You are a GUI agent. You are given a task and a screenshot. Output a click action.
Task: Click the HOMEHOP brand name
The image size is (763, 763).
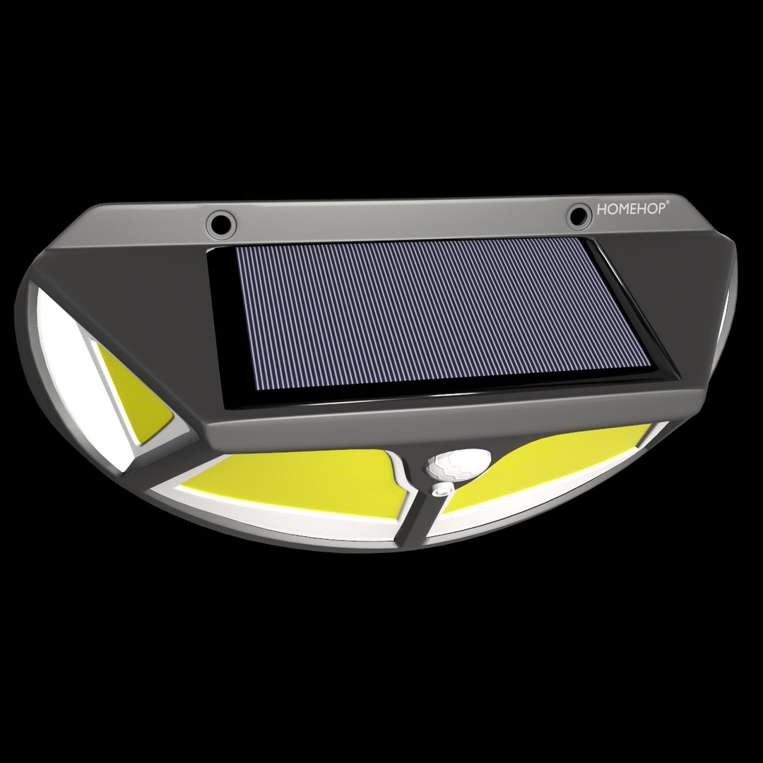click(631, 209)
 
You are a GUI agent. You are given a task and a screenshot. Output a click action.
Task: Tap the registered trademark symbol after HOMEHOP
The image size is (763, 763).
click(668, 202)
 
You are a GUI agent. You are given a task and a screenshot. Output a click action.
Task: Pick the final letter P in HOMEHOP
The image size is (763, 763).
click(661, 208)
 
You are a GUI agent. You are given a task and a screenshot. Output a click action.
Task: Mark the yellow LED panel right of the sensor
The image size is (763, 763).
click(551, 459)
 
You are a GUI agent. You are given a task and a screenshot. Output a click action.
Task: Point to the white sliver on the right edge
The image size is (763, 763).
click(725, 304)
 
